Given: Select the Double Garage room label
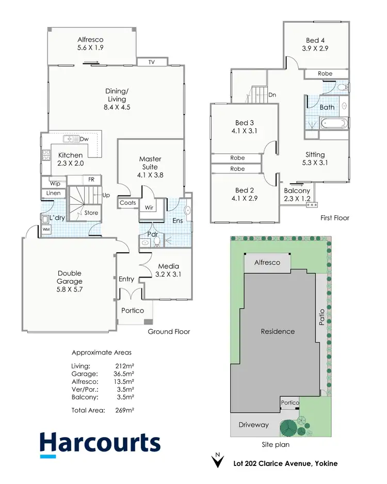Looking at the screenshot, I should point(70,277).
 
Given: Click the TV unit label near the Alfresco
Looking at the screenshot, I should point(152,62).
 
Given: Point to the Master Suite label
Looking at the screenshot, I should point(150,163).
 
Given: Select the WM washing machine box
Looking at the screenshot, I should point(46,229).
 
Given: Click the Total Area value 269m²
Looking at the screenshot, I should point(125,410).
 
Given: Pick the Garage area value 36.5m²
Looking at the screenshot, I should point(124,374).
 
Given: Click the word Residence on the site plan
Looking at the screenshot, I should point(278,331).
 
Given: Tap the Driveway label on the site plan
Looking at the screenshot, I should point(253,425).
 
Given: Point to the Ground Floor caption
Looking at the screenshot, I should point(169,331).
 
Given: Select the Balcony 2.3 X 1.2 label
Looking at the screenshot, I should point(297,195).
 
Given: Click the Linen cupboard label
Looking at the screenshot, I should point(54,193).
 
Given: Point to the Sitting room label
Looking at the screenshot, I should point(315,158).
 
